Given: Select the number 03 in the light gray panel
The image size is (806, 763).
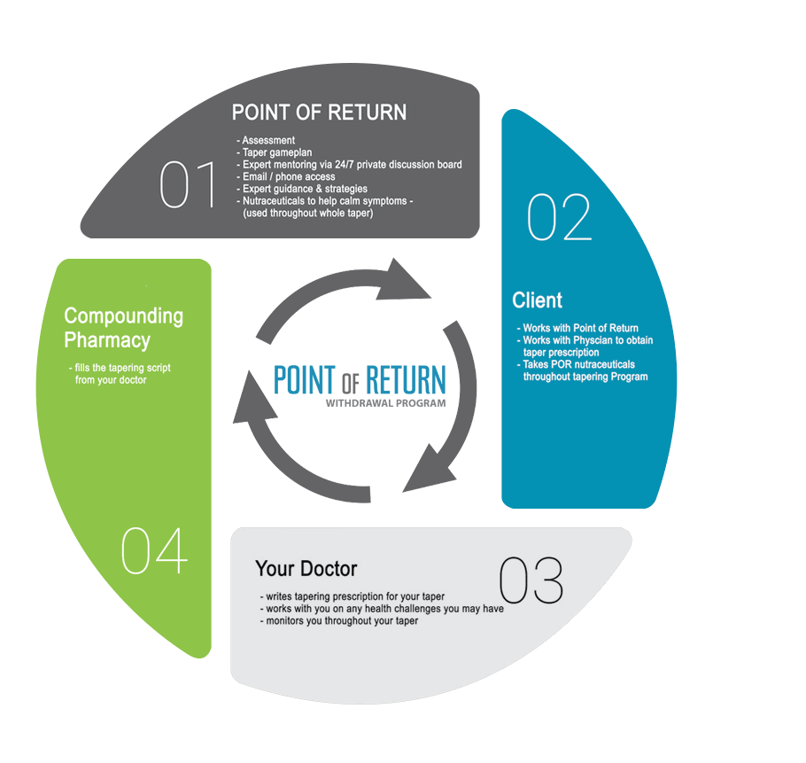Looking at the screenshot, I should [531, 582].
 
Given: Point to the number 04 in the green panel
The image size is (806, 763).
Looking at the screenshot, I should [154, 551].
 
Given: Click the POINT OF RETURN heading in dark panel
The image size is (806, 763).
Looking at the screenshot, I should [319, 113].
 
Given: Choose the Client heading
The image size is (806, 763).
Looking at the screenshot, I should [538, 300].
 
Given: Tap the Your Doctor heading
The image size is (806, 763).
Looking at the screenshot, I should [306, 568].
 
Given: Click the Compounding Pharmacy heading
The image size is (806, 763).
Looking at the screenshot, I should [123, 328].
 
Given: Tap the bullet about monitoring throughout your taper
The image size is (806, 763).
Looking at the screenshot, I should [338, 621].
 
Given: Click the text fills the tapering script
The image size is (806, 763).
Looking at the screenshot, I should [119, 368].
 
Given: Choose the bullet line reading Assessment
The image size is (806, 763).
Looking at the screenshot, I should [268, 140].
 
